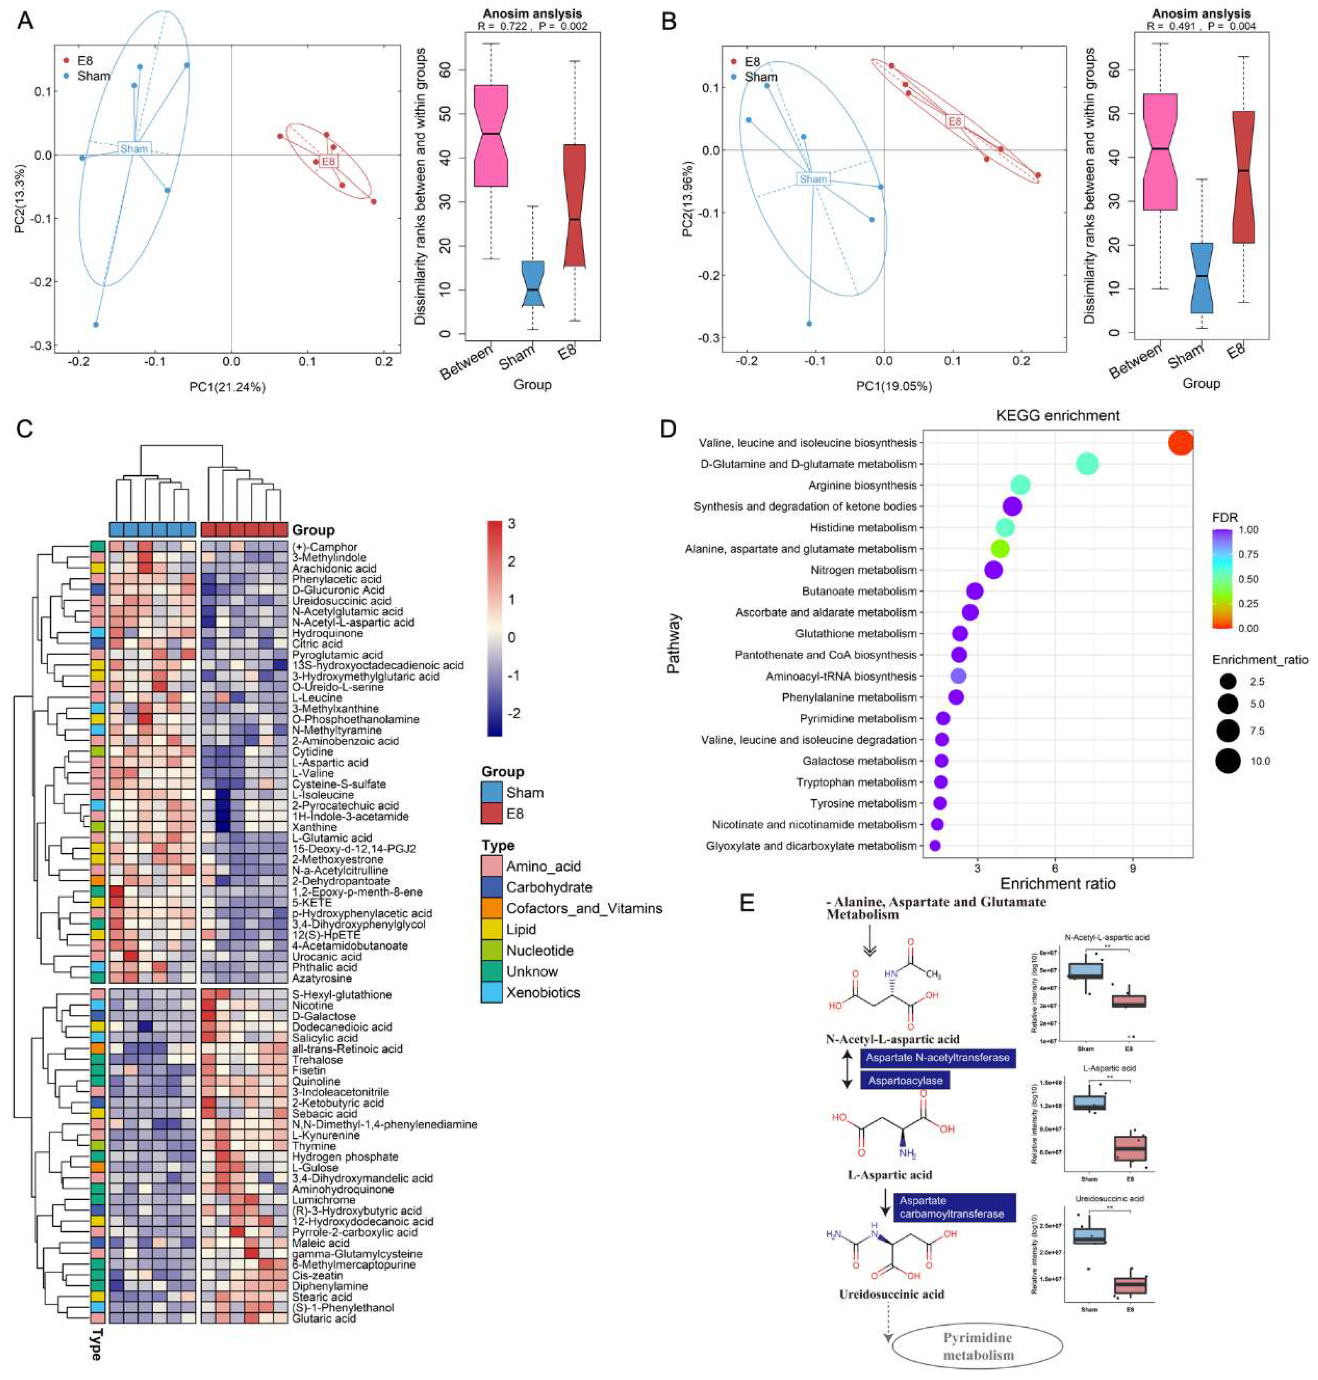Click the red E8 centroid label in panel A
point(328,162)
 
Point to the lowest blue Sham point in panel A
point(96,325)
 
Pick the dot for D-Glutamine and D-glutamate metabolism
point(1087,464)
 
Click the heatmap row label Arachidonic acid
point(334,568)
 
